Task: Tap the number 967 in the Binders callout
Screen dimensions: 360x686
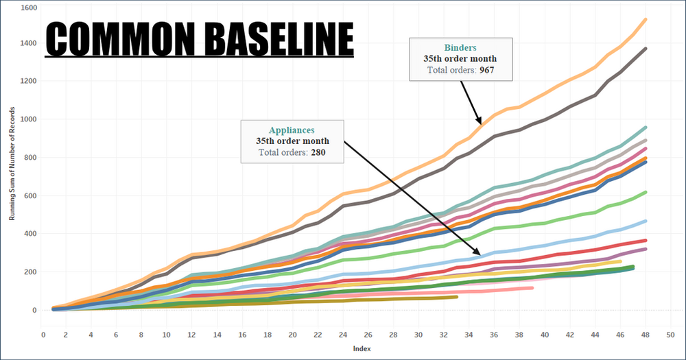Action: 487,70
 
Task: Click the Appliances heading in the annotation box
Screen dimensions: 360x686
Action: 292,129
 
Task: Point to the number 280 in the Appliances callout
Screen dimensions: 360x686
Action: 318,152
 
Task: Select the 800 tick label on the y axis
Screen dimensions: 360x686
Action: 30,157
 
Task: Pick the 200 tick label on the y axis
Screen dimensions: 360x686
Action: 30,272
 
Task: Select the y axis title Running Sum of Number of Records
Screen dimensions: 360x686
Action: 12,158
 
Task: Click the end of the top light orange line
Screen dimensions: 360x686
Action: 645,20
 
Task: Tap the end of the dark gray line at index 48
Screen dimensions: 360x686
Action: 645,49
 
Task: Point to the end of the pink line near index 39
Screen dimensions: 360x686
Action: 532,288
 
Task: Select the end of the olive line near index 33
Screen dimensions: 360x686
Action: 456,297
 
